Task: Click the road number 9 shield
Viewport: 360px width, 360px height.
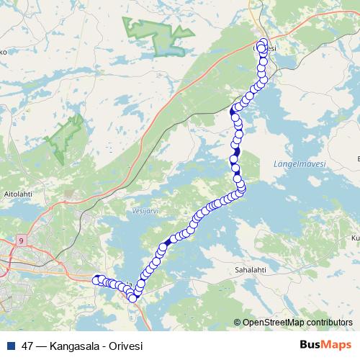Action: pos(22,241)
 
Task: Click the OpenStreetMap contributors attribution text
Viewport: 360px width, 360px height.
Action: pos(297,322)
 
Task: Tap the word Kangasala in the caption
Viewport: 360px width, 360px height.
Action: pos(76,346)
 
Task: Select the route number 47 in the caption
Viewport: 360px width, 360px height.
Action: pos(28,346)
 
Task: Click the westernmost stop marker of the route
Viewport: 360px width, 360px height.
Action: pos(96,279)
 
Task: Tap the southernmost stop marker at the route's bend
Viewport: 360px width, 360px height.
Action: pos(132,298)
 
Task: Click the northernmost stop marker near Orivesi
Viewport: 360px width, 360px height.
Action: pos(263,42)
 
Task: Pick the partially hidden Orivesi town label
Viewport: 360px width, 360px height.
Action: pos(271,49)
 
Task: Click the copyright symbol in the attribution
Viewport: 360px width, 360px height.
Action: pos(238,322)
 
